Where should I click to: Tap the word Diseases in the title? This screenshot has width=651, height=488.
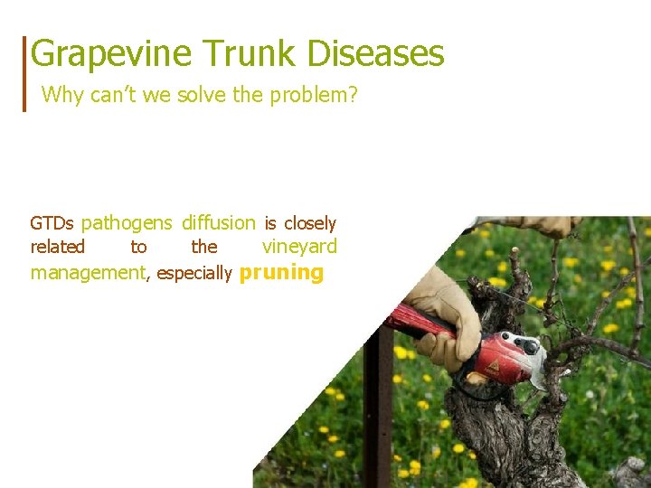(375, 53)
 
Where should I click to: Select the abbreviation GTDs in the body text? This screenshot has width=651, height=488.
(52, 223)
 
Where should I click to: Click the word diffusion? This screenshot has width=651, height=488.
(218, 223)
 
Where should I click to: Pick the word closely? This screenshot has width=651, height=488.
(309, 224)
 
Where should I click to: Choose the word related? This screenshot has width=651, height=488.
(57, 247)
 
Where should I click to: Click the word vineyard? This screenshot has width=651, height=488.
(299, 247)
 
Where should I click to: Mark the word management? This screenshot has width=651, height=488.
(88, 273)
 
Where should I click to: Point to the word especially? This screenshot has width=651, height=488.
(194, 273)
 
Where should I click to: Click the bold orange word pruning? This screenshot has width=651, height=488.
(281, 273)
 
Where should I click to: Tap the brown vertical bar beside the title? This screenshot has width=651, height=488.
(25, 73)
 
